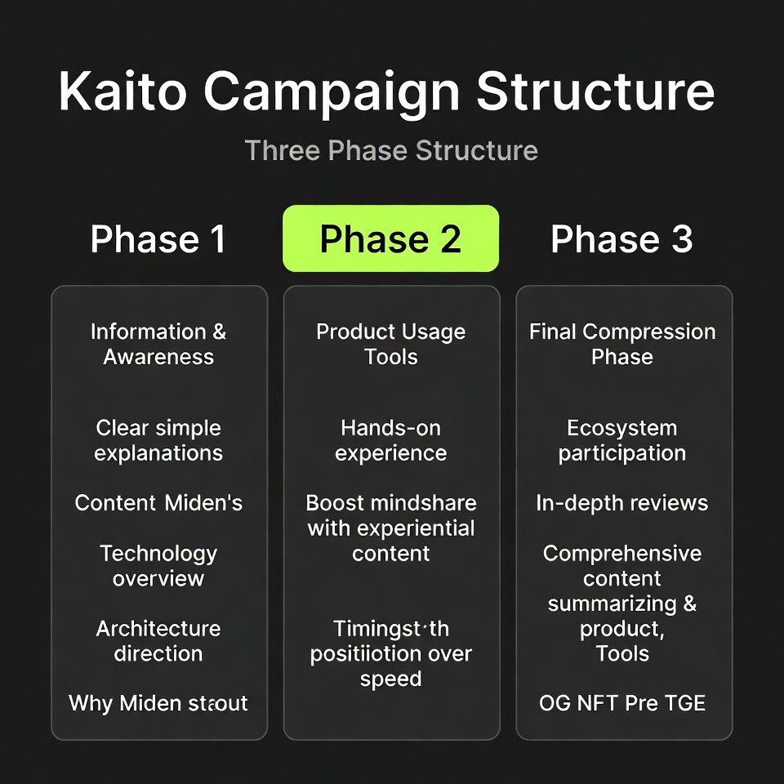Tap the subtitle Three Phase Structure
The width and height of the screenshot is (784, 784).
pos(391,151)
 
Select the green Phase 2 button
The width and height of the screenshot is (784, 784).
pos(390,239)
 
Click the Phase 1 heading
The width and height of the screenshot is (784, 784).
pos(158,239)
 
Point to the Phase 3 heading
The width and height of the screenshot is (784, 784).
pos(621,239)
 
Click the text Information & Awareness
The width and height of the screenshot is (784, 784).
pos(158,344)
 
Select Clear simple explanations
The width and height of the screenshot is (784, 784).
pos(158,440)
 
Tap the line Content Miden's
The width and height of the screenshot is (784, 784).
pos(158,503)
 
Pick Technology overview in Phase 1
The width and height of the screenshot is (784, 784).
pos(158,565)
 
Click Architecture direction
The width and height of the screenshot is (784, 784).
pos(158,640)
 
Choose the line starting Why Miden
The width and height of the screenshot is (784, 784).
pos(158,703)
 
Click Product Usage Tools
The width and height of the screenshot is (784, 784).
pos(390,344)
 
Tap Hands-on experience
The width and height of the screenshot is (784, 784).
pos(390,440)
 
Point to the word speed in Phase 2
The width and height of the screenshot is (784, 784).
pos(390,679)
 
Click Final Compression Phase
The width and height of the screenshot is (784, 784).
pos(621,344)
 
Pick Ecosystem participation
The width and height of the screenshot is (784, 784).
pos(621,440)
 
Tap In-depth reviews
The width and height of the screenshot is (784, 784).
pos(621,503)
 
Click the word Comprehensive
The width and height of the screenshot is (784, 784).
pos(621,553)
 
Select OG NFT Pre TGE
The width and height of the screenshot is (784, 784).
pos(621,703)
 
